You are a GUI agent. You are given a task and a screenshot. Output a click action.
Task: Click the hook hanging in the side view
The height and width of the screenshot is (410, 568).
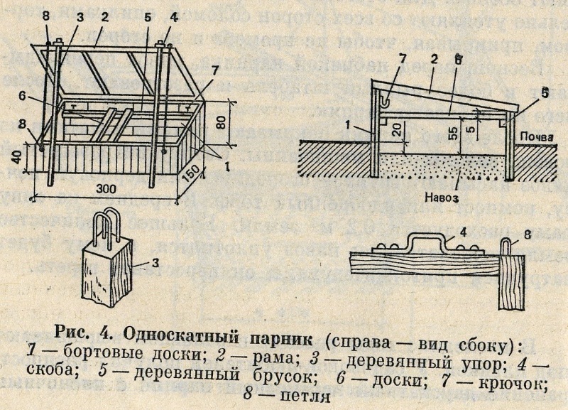tap(385, 98)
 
